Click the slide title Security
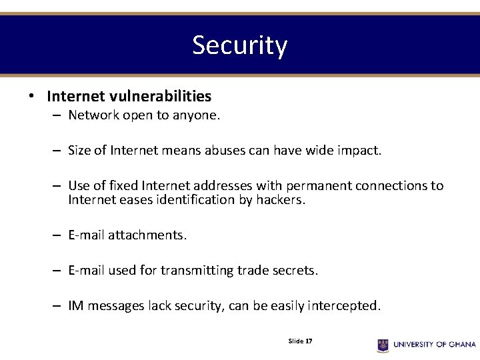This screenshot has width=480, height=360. pos(240,45)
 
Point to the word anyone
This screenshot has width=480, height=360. pos(196,115)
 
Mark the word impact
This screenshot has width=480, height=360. pos(359,151)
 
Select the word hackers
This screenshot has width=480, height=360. pos(280,200)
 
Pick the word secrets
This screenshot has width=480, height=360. pos(294,271)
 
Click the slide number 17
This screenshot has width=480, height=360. pos(309,341)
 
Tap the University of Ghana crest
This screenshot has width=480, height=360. pos(383,345)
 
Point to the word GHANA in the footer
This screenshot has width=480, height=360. pos(462,345)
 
